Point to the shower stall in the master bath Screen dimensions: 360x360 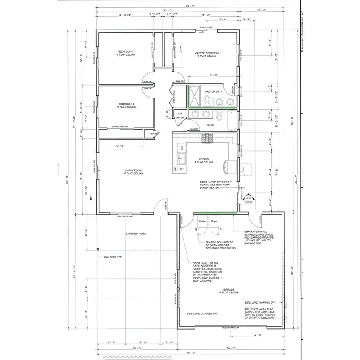(x=194, y=95)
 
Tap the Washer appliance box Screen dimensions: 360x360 (x=202, y=222)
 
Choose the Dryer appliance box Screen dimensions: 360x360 (x=214, y=222)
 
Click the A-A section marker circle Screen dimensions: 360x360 (x=249, y=200)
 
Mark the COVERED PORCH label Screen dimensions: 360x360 (x=136, y=234)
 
